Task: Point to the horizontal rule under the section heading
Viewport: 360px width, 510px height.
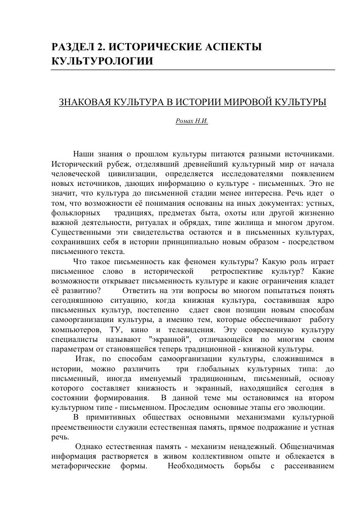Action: [193, 69]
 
